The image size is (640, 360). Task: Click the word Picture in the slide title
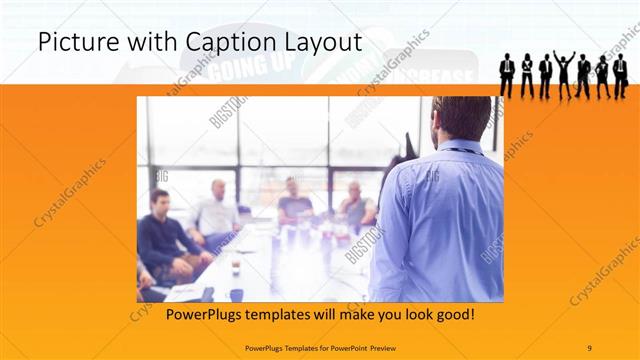coord(72,42)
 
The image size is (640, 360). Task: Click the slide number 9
coord(589,347)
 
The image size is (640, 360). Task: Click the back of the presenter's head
coord(461,118)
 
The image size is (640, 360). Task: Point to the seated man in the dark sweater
coord(164,235)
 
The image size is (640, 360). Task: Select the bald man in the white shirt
coord(216,213)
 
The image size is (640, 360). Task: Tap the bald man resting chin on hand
coord(355,205)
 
